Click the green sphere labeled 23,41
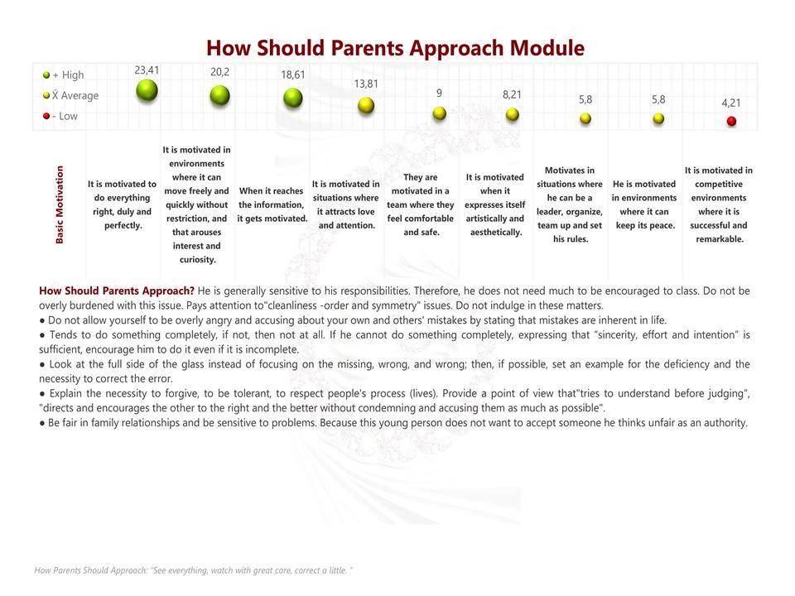point(147,89)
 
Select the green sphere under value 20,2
point(219,95)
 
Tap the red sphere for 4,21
point(731,121)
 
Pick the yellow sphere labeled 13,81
point(366,105)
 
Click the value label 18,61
point(293,74)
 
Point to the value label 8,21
point(513,95)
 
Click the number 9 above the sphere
point(439,93)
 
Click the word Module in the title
point(547,48)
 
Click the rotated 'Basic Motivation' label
point(60,204)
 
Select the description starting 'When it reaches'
point(272,204)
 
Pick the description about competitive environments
point(718,204)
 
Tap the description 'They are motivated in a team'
point(421,204)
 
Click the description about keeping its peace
point(644,204)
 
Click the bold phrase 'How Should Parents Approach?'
point(117,291)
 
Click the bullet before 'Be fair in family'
point(42,423)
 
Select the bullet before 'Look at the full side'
point(42,364)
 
